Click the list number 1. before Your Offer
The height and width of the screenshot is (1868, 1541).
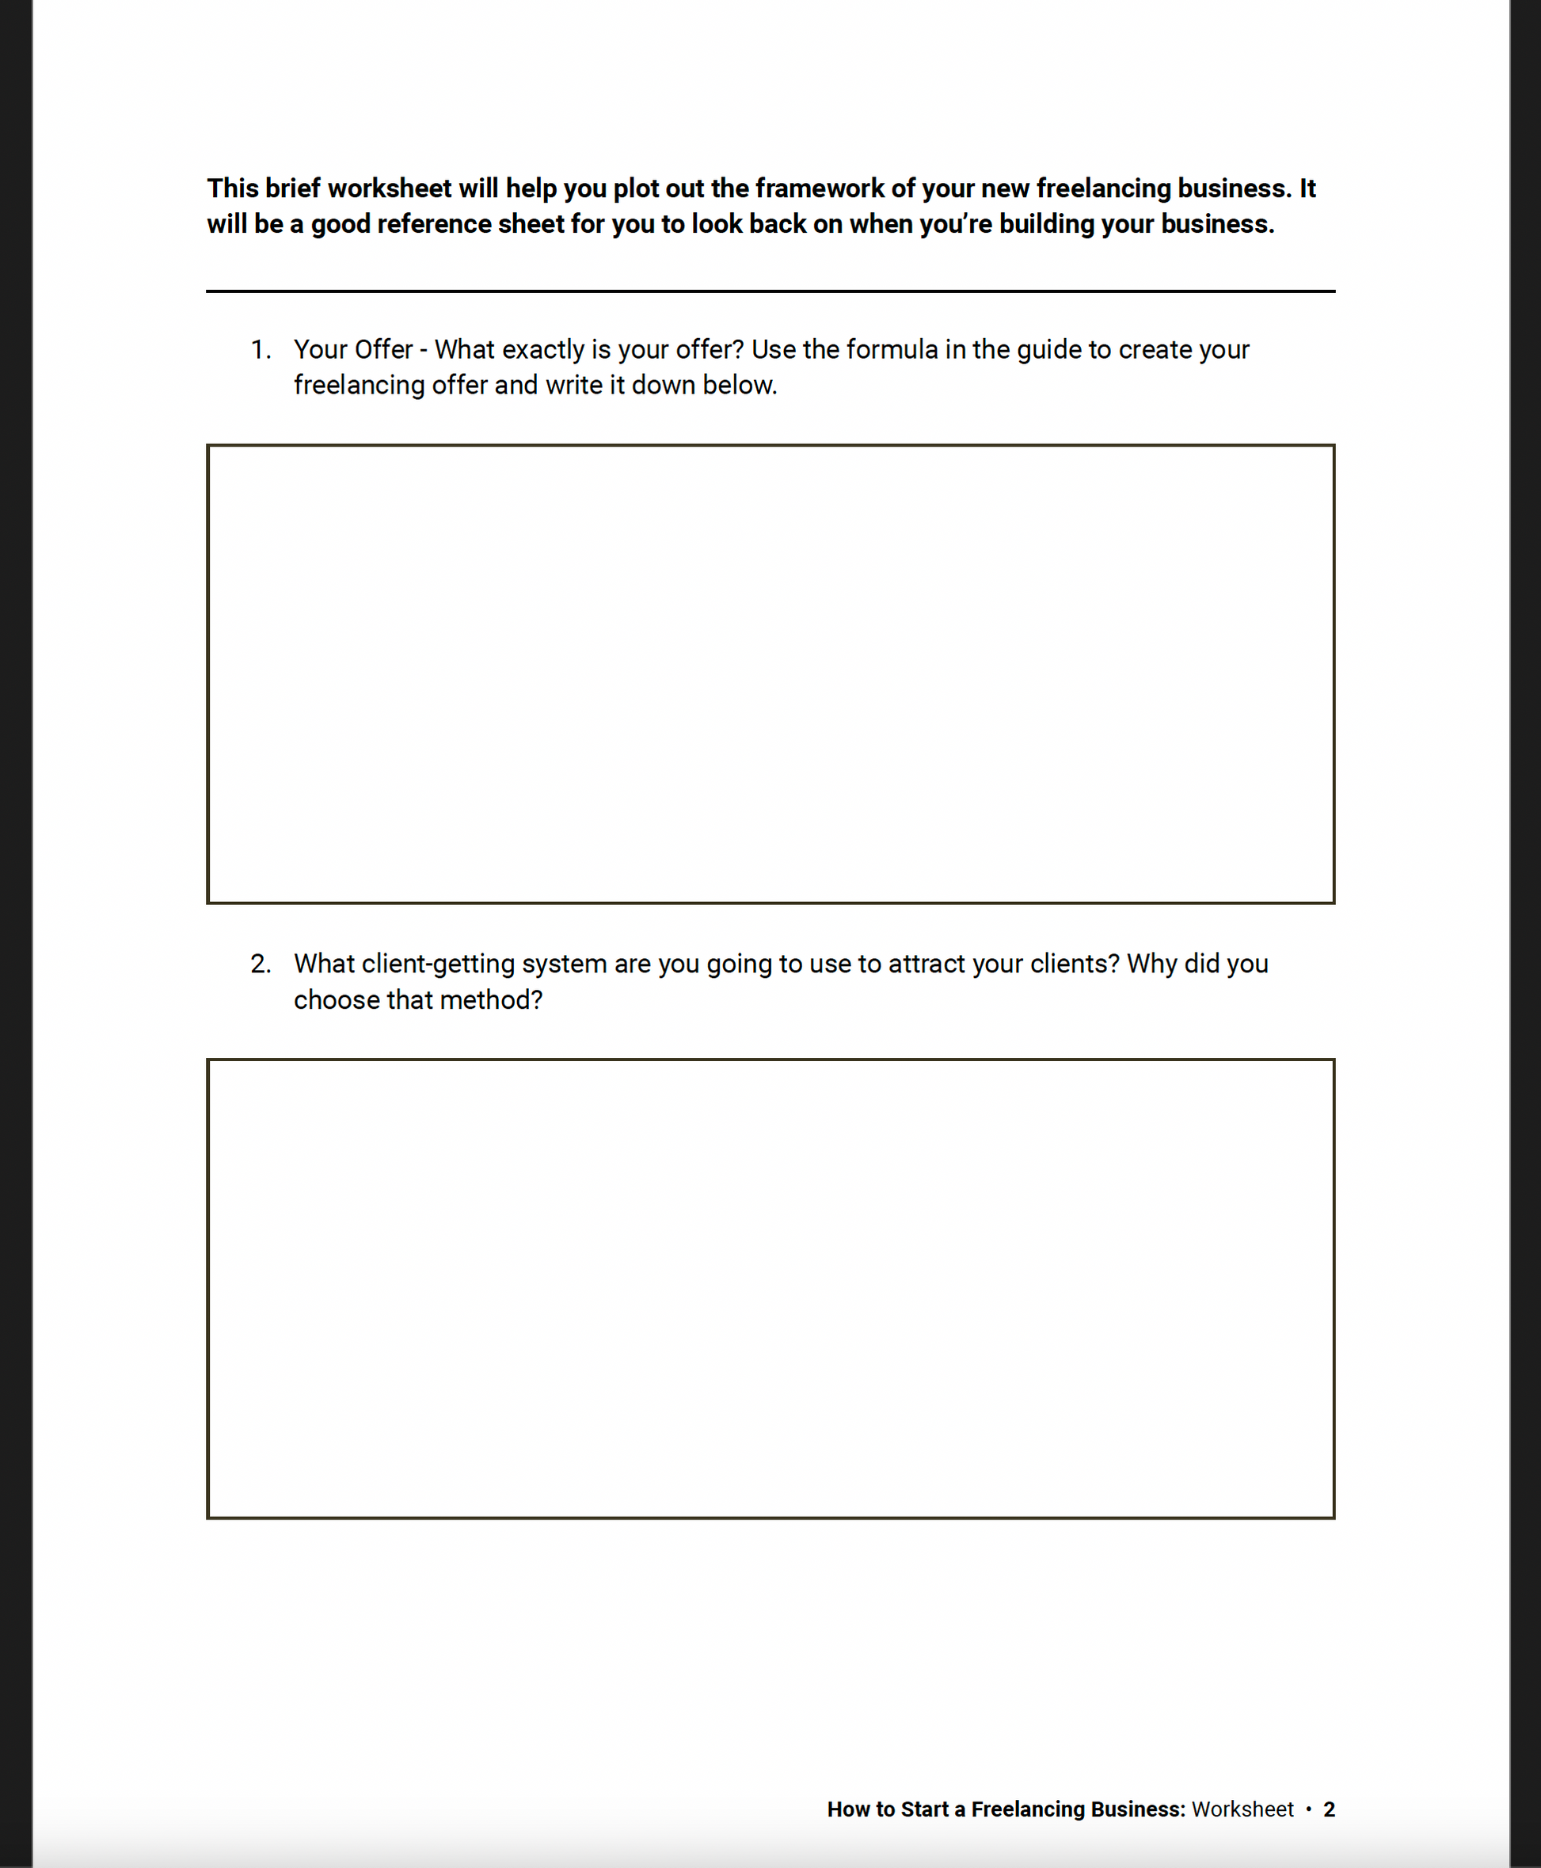(260, 350)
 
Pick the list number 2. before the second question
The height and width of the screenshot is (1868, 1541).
(260, 964)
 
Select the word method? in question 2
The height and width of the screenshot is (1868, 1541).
(491, 1000)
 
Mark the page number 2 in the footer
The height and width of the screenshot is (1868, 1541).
(1328, 1809)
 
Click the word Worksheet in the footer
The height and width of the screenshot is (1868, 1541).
(1242, 1809)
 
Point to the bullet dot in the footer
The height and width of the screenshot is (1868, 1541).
(1308, 1809)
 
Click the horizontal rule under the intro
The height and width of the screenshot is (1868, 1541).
(770, 290)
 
